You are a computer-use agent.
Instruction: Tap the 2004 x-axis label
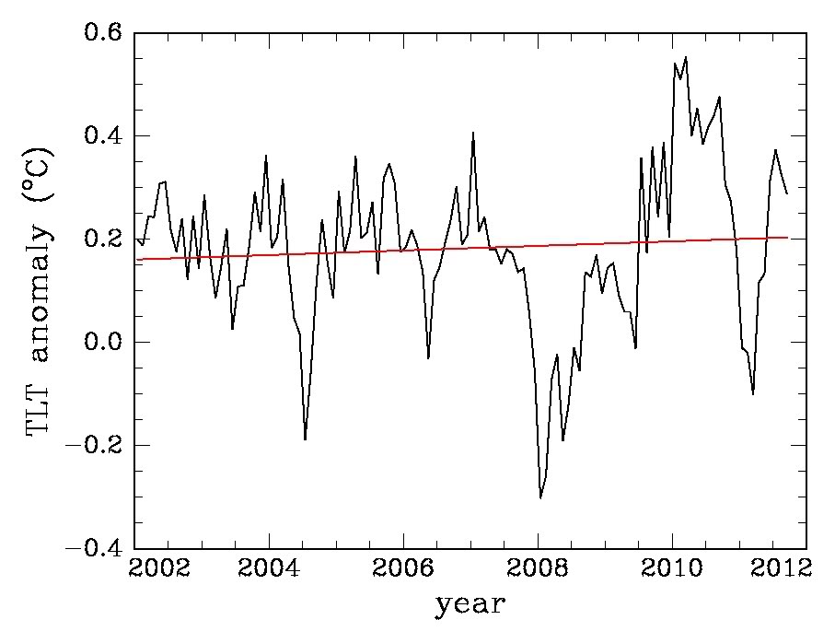(x=269, y=567)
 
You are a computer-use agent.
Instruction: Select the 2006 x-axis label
(x=403, y=567)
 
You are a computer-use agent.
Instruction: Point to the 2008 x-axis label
(x=538, y=567)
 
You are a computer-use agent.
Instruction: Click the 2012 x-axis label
(x=787, y=567)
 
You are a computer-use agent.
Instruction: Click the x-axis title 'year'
(x=470, y=605)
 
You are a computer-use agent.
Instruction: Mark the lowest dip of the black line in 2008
(x=540, y=497)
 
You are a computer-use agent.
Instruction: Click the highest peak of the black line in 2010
(x=686, y=57)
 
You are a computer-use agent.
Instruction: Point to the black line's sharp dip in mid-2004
(x=305, y=439)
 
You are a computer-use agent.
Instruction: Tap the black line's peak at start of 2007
(x=473, y=133)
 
